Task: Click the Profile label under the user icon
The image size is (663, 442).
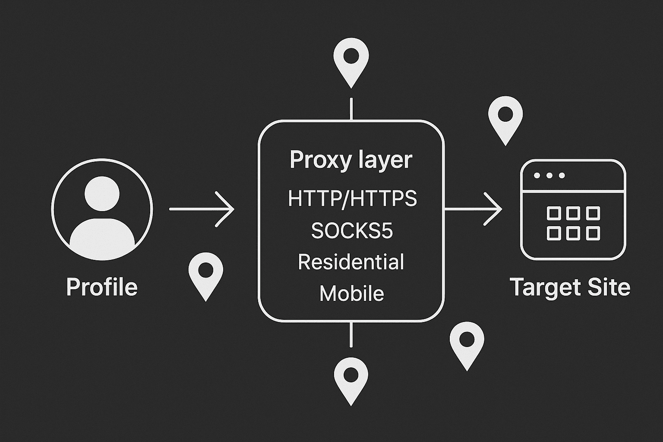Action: point(102,287)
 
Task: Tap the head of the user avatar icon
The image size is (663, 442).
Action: point(102,193)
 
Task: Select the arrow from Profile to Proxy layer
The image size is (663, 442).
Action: point(202,209)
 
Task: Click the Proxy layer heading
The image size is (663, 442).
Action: point(351,160)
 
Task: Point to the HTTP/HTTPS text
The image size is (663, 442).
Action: point(352,198)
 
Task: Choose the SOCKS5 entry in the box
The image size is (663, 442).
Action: point(352,231)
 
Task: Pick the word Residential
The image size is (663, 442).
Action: point(351,262)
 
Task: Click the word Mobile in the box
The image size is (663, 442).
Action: point(351,294)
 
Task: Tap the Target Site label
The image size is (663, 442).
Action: point(570,287)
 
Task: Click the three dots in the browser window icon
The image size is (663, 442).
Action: point(549,176)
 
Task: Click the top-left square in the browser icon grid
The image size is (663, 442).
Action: point(553,213)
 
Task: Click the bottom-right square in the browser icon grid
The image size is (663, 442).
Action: point(593,234)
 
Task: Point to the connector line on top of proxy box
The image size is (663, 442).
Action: point(351,109)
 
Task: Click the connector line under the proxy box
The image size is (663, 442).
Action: point(351,334)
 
